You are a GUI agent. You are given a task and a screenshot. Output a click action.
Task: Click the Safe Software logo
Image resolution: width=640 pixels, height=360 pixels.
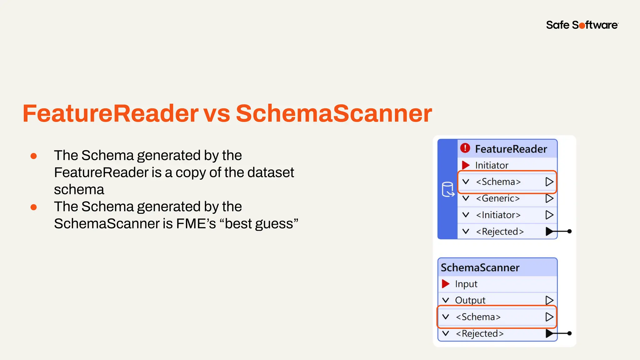click(582, 25)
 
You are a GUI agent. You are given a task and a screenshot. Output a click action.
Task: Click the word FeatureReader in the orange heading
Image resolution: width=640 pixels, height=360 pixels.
click(110, 113)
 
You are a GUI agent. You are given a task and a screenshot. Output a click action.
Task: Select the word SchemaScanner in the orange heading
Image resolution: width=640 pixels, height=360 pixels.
click(334, 113)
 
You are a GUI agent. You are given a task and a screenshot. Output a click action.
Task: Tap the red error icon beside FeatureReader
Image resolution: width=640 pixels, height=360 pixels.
click(465, 148)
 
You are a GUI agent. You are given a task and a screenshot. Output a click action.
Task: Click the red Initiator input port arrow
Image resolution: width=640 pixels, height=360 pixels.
click(466, 165)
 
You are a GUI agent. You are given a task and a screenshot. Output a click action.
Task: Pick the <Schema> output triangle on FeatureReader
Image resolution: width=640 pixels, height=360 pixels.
click(549, 182)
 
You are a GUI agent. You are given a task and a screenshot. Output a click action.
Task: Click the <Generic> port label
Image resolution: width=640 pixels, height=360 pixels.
click(498, 198)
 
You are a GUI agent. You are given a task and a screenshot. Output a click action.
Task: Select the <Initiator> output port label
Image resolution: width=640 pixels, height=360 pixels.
click(498, 215)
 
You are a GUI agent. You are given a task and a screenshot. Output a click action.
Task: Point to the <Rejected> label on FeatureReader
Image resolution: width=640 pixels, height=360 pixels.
click(500, 232)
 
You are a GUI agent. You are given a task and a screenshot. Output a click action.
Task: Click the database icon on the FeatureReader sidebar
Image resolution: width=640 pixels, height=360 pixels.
click(448, 189)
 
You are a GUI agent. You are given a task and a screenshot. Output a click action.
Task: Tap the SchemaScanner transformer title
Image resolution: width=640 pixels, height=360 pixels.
click(480, 267)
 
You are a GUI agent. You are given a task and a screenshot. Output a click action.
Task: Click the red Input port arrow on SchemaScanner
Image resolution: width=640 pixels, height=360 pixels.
click(446, 284)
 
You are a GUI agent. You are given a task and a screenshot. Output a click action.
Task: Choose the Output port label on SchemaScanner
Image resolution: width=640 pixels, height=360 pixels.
click(470, 300)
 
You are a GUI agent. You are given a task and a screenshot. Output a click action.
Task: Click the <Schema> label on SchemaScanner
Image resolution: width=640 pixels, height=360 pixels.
click(478, 317)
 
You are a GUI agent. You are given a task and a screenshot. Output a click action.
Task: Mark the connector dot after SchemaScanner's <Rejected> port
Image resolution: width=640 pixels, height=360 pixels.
click(569, 333)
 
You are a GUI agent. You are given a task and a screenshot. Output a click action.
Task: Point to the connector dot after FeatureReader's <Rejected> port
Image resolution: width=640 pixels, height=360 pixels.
click(569, 231)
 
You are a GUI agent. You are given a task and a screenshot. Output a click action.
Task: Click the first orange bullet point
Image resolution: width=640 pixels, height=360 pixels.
click(34, 156)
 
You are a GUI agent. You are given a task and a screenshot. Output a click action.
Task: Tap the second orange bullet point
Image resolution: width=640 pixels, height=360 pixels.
click(34, 207)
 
